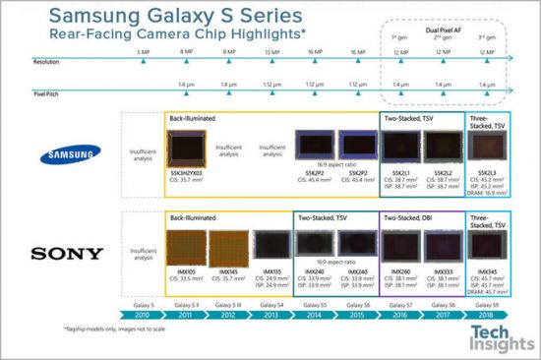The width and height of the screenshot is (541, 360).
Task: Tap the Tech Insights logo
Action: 497,336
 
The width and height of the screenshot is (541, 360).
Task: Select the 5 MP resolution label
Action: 144,50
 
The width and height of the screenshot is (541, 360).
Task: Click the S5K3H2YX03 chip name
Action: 187,172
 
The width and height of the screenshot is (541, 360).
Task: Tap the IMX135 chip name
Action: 271,271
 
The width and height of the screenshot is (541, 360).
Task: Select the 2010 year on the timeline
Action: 144,315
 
